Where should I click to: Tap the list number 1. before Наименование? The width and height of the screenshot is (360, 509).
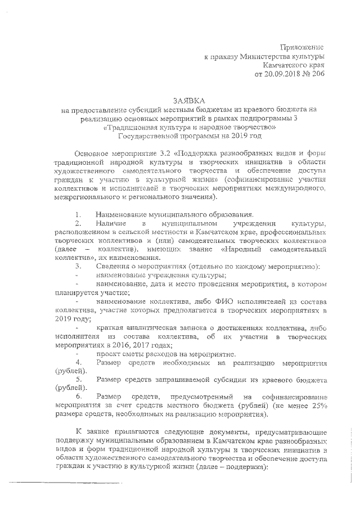(79, 214)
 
